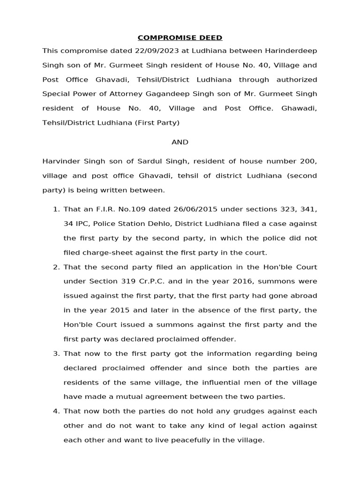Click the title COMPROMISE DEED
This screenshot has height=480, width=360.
180,37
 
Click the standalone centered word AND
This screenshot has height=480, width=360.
180,142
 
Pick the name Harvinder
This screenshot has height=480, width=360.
60,161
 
